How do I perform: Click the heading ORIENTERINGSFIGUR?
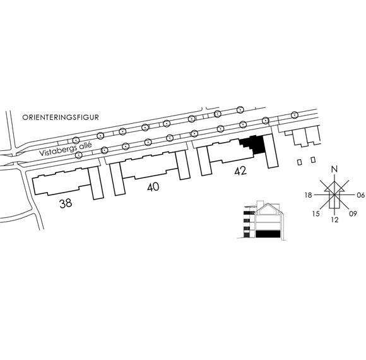tap(61, 117)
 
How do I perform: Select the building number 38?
tap(66, 203)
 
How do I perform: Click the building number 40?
tap(153, 187)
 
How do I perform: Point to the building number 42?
tap(240, 171)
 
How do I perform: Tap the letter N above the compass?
tap(335, 169)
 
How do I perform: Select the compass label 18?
tap(309, 195)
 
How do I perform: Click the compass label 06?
tap(360, 195)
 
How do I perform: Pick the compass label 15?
tap(316, 213)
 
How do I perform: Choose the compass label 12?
tap(335, 220)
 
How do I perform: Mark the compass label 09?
tap(353, 213)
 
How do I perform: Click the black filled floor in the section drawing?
tap(268, 234)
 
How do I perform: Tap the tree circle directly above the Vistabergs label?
tap(76, 140)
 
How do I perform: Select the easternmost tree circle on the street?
tap(295, 115)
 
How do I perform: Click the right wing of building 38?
tap(96, 183)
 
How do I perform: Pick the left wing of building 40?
tap(117, 179)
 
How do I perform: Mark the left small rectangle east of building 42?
tap(300, 162)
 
